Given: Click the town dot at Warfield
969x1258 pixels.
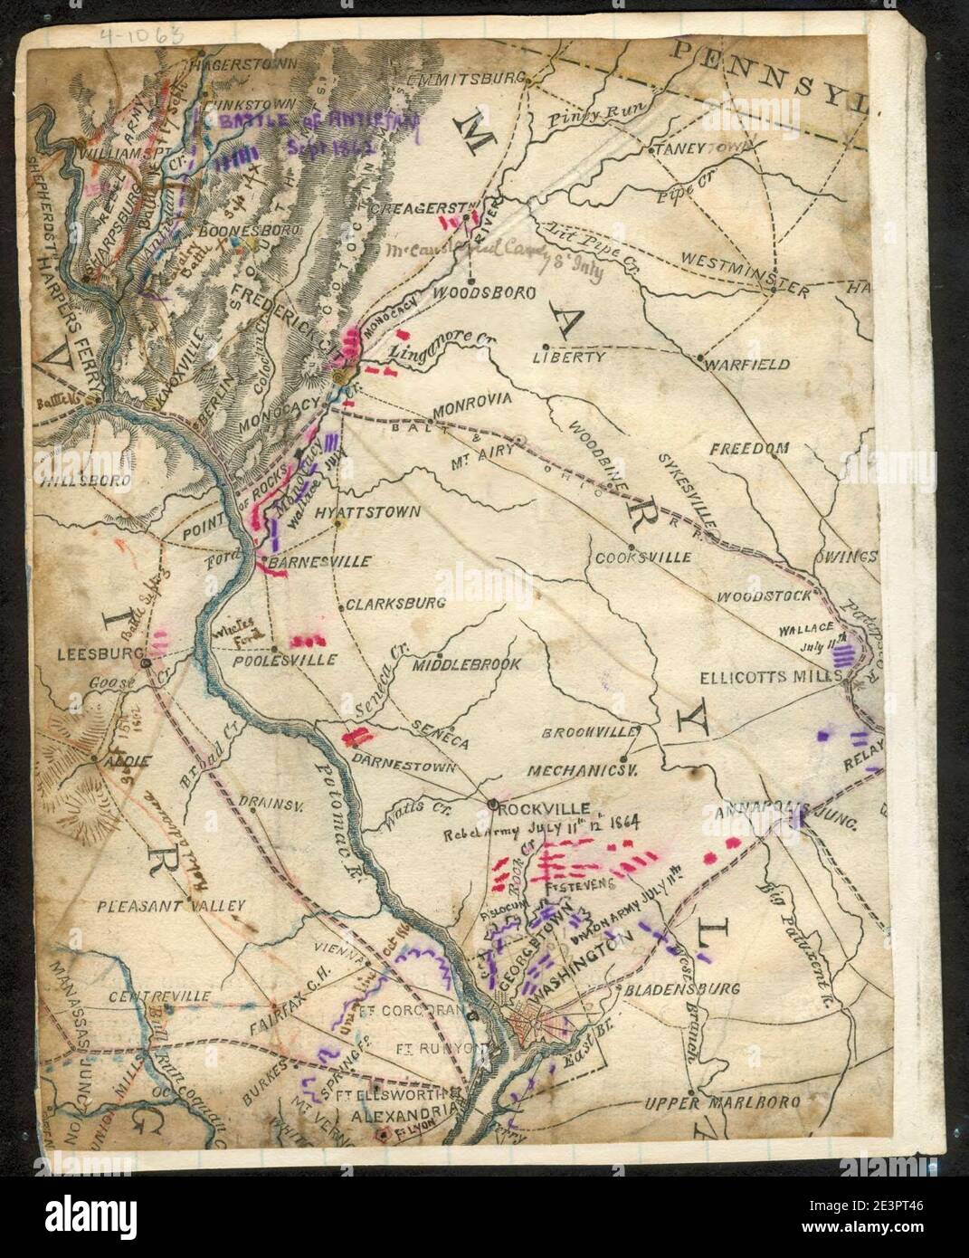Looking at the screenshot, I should tap(701, 359).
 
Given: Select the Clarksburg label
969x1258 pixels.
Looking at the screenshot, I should tap(384, 602).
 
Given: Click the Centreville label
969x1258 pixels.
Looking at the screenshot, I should tap(158, 996).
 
